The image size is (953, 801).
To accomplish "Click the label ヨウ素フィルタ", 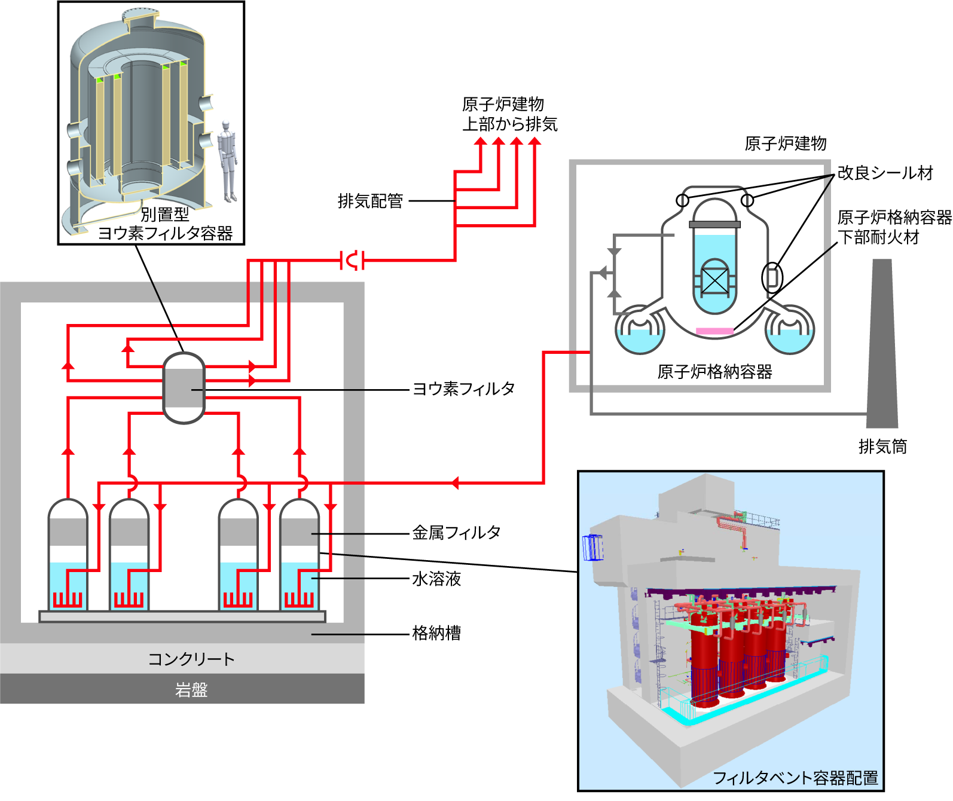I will click(463, 389).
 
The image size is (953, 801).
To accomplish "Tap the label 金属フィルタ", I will click(456, 533).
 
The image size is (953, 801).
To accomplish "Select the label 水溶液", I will click(436, 579).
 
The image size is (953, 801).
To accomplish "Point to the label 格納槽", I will click(436, 633).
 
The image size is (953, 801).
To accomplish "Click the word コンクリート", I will click(191, 659).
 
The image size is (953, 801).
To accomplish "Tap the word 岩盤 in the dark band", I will click(191, 690).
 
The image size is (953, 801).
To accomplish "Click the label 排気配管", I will click(370, 201).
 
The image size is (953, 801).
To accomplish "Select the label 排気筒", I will click(882, 447).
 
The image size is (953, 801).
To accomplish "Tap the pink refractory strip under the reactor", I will click(714, 331).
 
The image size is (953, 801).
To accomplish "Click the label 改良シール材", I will click(885, 173).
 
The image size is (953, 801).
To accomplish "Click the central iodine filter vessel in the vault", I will click(184, 389).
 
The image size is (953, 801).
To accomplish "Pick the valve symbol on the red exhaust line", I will click(353, 261).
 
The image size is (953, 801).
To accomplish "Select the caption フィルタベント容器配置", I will click(795, 778).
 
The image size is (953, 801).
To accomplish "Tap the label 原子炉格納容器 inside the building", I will click(714, 372).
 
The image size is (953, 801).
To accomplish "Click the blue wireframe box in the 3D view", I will click(592, 547).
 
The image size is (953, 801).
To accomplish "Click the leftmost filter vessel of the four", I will click(68, 556).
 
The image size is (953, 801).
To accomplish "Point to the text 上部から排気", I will click(509, 124).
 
